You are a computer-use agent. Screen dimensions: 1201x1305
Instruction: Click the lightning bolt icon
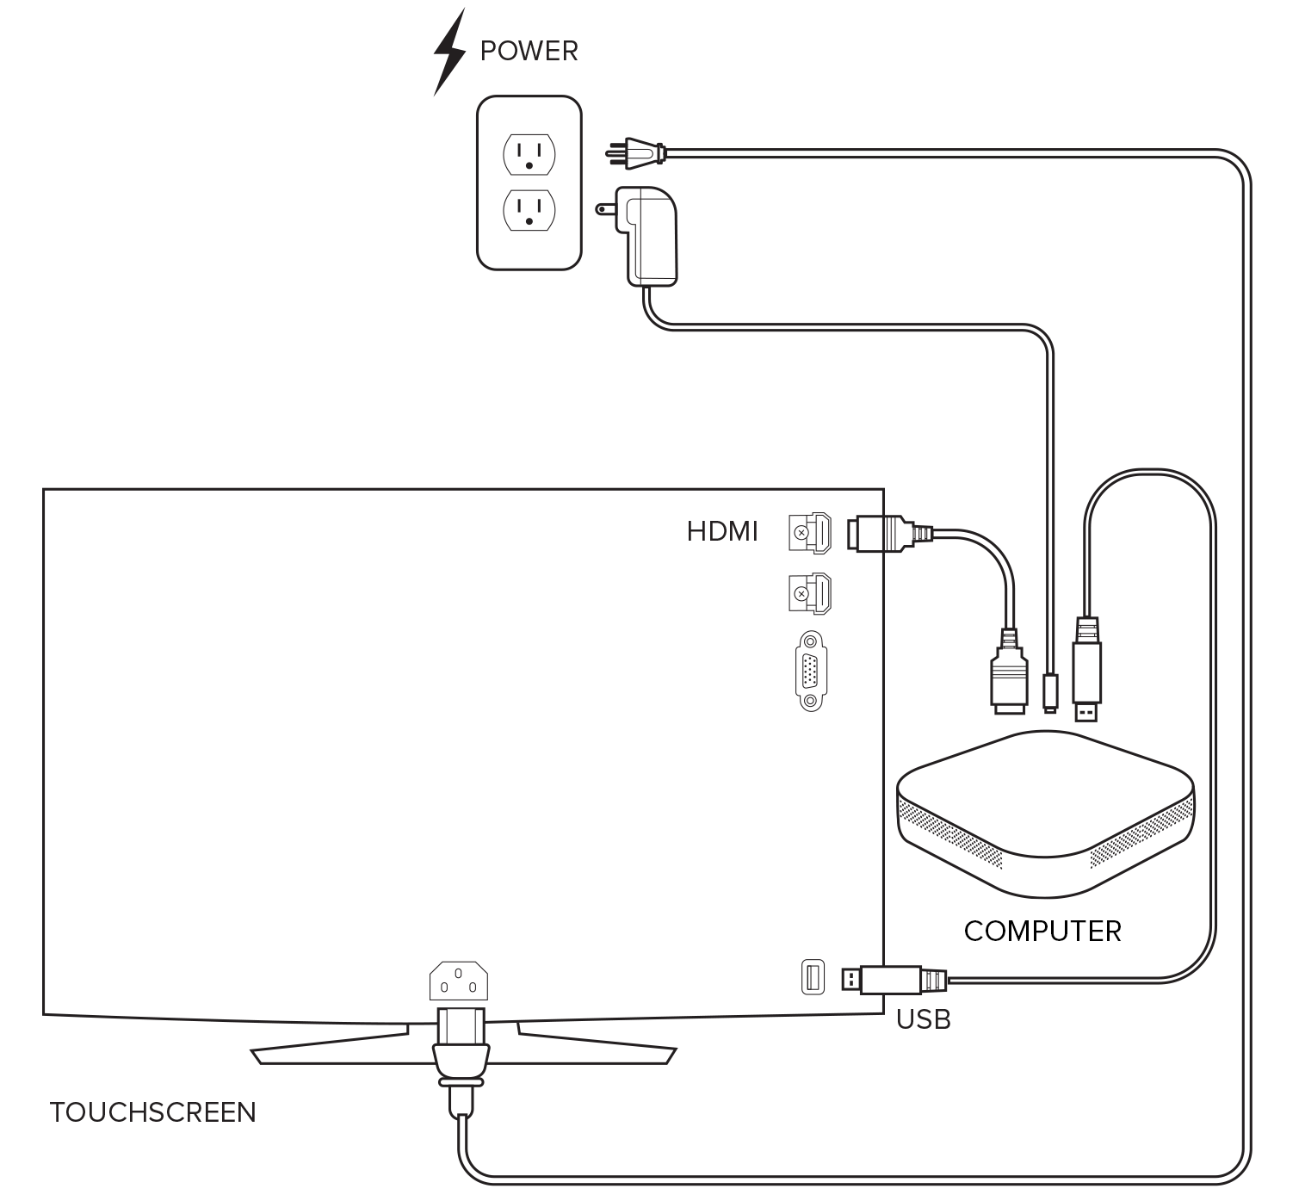tap(448, 52)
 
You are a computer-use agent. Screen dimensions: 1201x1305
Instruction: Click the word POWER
tap(529, 52)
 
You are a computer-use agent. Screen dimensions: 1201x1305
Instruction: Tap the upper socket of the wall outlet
tap(529, 154)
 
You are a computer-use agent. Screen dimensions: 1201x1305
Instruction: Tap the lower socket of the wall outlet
tap(529, 210)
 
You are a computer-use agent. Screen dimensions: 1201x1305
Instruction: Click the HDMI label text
tap(722, 532)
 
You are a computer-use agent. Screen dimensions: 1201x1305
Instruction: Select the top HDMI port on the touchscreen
tap(810, 533)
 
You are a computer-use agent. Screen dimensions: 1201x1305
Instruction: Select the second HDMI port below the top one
tap(810, 594)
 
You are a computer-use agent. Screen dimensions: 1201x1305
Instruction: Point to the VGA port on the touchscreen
tap(810, 672)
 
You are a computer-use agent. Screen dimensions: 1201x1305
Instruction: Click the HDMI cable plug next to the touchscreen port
tap(882, 533)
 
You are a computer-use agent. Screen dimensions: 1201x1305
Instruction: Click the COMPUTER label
tap(1042, 932)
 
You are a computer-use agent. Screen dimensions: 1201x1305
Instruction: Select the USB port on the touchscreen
tap(813, 977)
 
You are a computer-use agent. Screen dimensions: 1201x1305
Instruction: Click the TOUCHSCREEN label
tap(153, 1112)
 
